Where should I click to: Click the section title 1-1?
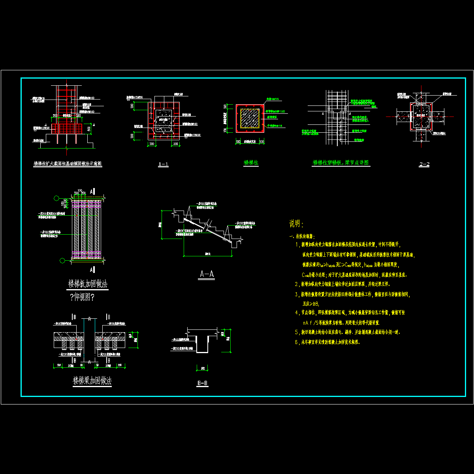point(163,164)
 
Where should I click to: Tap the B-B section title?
point(202,383)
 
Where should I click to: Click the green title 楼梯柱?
point(251,163)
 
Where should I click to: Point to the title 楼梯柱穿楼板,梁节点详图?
point(340,162)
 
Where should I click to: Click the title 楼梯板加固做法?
point(88,284)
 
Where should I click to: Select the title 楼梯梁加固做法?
point(92,381)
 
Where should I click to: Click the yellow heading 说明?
point(297,224)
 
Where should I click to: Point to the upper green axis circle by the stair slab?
point(57,198)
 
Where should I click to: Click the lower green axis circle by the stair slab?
point(62,260)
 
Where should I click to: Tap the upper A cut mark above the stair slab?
point(92,191)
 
